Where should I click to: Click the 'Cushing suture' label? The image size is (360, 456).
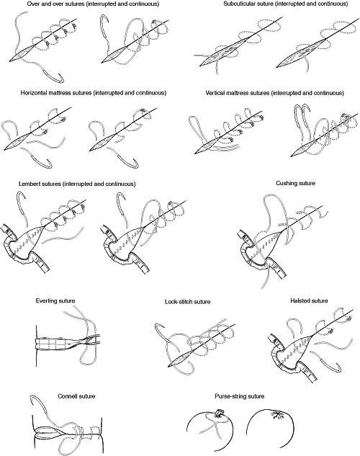pyautogui.click(x=295, y=183)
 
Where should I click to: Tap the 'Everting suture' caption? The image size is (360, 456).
pyautogui.click(x=55, y=300)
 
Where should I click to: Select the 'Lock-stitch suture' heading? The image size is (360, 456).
pyautogui.click(x=187, y=302)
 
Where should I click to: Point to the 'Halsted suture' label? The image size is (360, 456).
pyautogui.click(x=309, y=300)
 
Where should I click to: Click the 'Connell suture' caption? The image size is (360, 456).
pyautogui.click(x=76, y=396)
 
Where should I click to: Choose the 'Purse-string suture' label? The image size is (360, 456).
pyautogui.click(x=240, y=396)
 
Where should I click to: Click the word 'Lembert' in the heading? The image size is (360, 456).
pyautogui.click(x=30, y=184)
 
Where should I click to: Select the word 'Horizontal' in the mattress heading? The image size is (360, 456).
pyautogui.click(x=34, y=93)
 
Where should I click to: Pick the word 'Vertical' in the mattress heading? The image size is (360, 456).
pyautogui.click(x=215, y=93)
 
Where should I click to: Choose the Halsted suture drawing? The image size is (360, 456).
pyautogui.click(x=311, y=344)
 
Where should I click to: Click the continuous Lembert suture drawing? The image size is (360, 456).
pyautogui.click(x=143, y=231)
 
